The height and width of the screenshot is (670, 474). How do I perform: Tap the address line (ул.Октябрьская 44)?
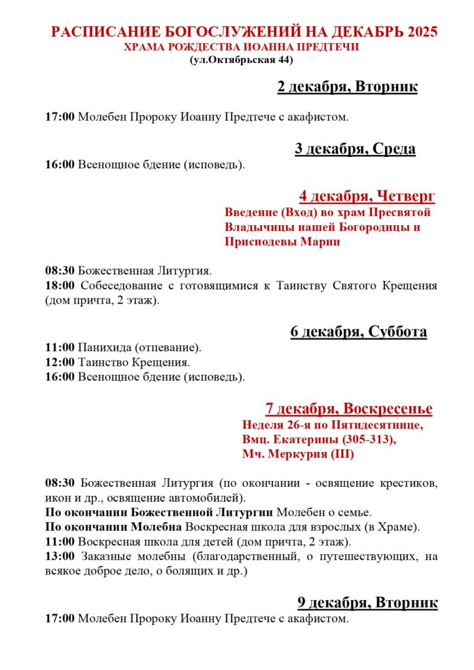click(241, 60)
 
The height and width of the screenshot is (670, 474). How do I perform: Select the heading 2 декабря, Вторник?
click(347, 87)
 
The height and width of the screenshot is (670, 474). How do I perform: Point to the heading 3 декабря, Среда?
click(355, 149)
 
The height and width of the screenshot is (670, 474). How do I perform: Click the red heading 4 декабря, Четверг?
click(367, 196)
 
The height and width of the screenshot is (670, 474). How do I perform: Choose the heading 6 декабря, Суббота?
click(358, 332)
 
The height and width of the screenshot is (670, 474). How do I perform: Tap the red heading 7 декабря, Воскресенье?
click(348, 409)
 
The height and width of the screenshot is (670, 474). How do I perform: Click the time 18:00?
click(60, 286)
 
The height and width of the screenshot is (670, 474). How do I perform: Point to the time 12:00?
click(60, 362)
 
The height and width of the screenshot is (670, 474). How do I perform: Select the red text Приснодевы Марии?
click(282, 242)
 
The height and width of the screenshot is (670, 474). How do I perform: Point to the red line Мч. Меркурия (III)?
click(298, 454)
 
